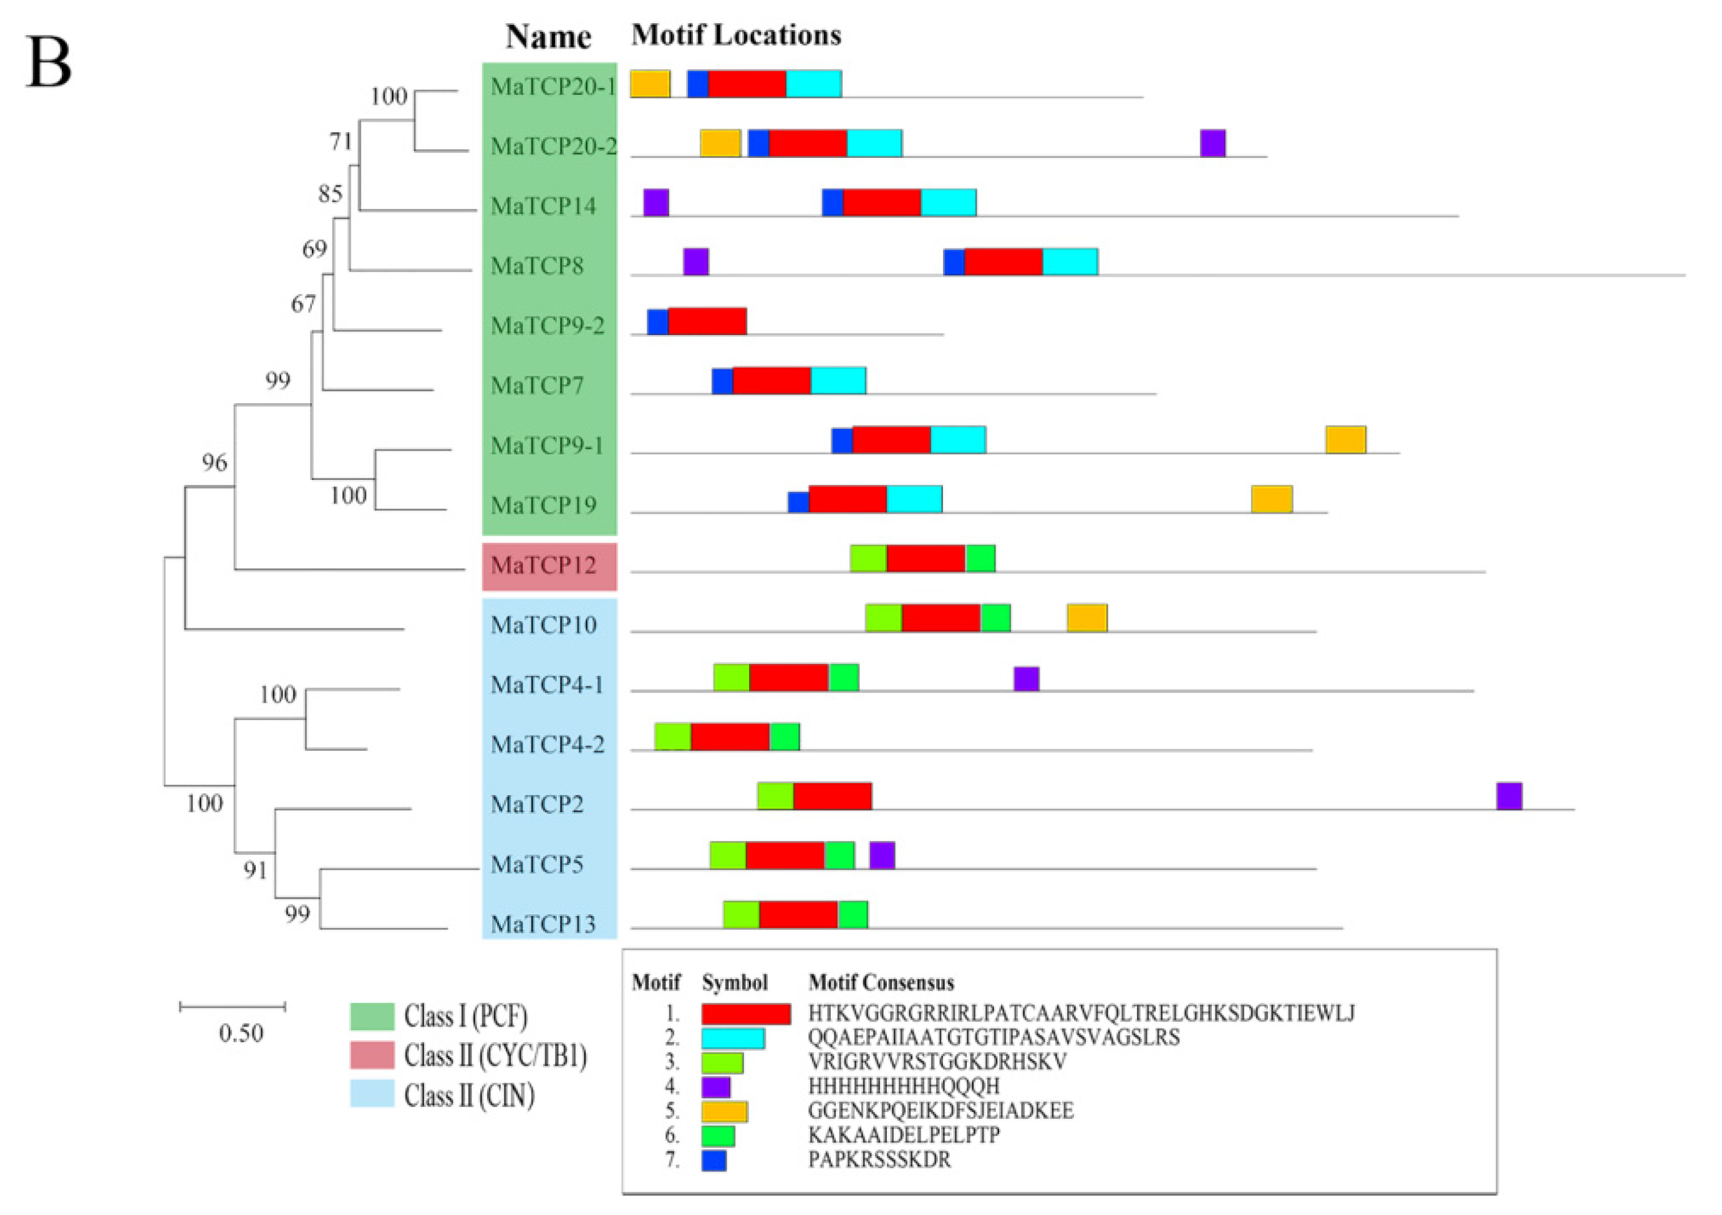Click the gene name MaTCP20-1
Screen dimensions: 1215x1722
[x=553, y=86]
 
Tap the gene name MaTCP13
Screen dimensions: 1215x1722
[x=543, y=924]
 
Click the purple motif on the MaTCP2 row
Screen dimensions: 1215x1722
[x=1509, y=796]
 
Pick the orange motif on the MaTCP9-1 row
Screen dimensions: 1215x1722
[x=1345, y=440]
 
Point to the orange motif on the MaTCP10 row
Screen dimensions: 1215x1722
[x=1086, y=618]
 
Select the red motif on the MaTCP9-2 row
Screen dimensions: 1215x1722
[x=707, y=321]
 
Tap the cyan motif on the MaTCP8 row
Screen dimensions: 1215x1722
[x=1070, y=262]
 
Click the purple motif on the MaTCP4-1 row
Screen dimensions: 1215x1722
[x=1026, y=678]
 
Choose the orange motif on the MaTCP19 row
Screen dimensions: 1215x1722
[x=1271, y=499]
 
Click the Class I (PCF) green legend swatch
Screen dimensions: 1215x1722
[x=372, y=1016]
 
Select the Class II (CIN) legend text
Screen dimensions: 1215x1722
[x=469, y=1096]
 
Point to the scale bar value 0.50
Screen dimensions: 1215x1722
[x=241, y=1033]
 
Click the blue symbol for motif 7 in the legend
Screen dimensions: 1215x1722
[x=714, y=1161]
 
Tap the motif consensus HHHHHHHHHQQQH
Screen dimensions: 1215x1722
[x=904, y=1086]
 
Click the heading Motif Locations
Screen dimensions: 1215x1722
[x=736, y=34]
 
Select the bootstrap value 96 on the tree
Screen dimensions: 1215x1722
[x=214, y=462]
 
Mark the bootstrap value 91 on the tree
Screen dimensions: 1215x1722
[x=255, y=870]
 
